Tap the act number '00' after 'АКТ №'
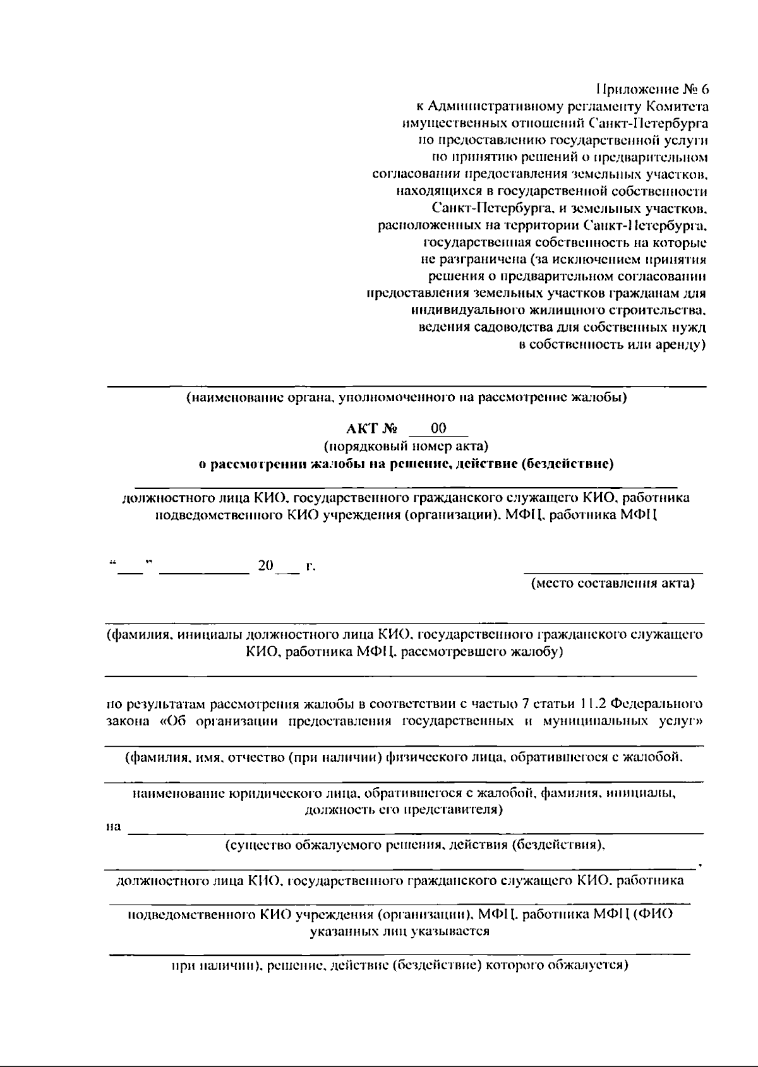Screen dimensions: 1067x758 (438, 429)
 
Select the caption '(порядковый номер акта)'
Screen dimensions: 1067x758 (406, 447)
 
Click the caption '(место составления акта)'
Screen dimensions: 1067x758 (612, 583)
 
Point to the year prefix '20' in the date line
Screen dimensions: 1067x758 (265, 565)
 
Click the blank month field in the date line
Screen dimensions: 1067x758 (204, 567)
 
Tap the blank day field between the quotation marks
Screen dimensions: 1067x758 (131, 567)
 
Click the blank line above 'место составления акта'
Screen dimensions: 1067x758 (612, 572)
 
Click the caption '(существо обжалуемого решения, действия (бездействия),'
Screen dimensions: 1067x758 (416, 845)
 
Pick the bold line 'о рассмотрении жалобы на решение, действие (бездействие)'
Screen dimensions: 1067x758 (406, 464)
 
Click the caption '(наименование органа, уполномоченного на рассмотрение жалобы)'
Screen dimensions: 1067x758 (406, 398)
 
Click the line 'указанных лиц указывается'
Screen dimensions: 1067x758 (400, 931)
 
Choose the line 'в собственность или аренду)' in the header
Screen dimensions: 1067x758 (611, 345)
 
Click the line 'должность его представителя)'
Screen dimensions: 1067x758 (404, 809)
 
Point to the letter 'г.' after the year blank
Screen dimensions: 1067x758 (310, 566)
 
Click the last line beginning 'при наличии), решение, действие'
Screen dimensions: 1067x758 (400, 965)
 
